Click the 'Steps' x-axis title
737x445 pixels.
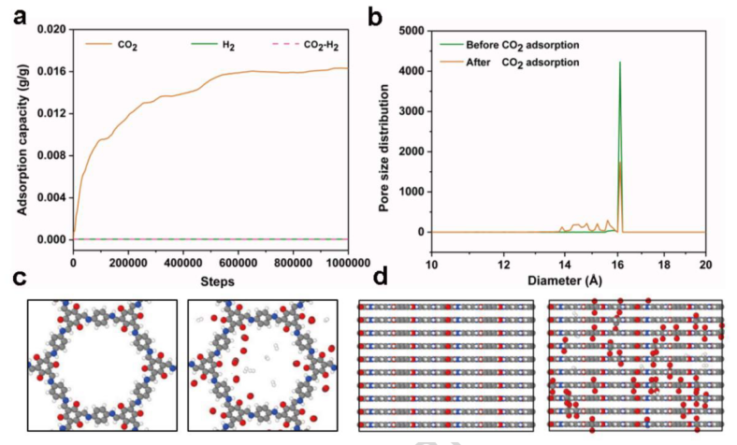[x=210, y=280]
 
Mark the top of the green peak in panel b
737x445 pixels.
[x=619, y=62]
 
